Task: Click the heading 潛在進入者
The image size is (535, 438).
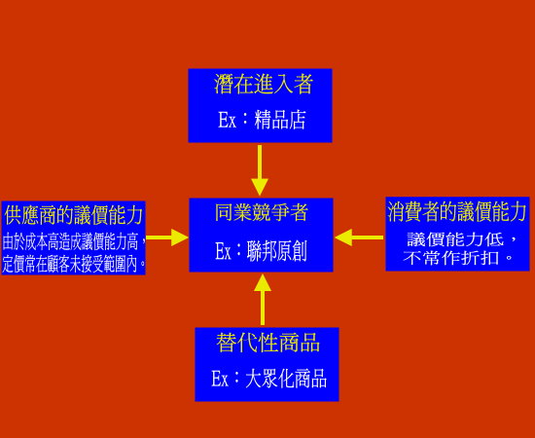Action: [x=263, y=84]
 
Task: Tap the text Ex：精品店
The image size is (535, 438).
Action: [x=262, y=120]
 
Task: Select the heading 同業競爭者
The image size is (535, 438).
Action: [x=261, y=212]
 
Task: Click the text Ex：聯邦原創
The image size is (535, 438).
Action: [x=261, y=251]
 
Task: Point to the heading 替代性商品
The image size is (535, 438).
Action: [x=267, y=343]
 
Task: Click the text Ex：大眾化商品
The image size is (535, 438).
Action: [x=268, y=379]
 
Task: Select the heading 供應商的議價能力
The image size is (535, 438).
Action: [x=74, y=215]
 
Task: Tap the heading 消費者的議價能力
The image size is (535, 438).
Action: [x=457, y=211]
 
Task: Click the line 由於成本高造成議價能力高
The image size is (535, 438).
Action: [x=70, y=242]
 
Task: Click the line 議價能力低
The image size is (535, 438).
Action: [x=455, y=239]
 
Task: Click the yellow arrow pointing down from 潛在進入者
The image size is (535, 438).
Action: [x=260, y=170]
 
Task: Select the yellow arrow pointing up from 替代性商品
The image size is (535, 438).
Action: [x=263, y=300]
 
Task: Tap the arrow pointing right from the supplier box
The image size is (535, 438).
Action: [x=167, y=237]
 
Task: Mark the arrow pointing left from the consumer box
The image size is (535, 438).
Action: [x=359, y=237]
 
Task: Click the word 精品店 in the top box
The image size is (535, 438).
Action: [x=279, y=120]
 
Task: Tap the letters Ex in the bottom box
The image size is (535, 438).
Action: [x=220, y=379]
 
